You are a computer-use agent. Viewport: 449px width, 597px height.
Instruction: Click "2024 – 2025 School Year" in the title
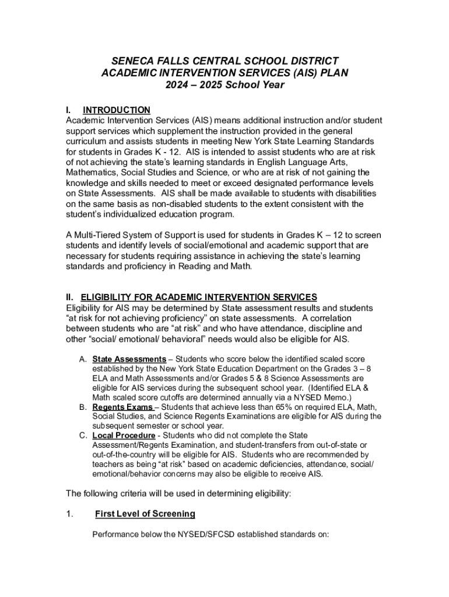224,85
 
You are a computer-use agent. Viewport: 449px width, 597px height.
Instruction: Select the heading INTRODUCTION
117,110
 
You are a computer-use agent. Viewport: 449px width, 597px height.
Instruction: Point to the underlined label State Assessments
129,359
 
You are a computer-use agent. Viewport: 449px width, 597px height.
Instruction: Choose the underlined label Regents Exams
122,406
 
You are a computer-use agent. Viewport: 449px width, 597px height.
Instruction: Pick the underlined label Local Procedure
124,436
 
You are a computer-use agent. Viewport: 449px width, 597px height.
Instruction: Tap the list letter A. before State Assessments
83,359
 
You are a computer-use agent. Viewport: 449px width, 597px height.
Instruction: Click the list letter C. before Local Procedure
83,436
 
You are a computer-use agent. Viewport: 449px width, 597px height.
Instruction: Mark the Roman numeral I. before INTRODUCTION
68,110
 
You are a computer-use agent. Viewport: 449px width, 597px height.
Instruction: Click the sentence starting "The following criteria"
178,494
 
